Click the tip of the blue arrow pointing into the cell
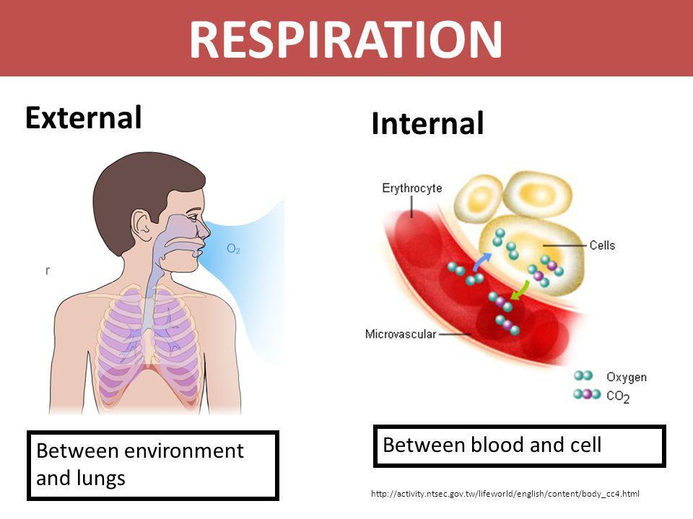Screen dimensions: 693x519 point(491,254)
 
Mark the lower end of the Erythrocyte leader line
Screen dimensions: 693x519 point(412,218)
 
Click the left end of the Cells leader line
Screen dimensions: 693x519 point(543,245)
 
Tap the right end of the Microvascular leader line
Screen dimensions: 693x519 point(471,334)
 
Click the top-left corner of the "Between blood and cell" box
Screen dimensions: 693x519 point(374,425)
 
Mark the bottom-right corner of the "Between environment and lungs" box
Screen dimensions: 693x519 point(279,500)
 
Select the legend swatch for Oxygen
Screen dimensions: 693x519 point(583,376)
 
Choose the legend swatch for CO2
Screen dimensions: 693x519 point(587,394)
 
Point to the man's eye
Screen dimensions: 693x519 point(193,217)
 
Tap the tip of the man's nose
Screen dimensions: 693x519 point(210,232)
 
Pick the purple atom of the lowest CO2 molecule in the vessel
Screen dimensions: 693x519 point(507,325)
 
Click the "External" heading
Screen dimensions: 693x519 point(84,117)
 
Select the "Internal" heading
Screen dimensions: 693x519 point(428,123)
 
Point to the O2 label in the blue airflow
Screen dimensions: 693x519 point(233,249)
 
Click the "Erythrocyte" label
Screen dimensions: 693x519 point(412,188)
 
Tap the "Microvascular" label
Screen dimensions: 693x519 point(401,334)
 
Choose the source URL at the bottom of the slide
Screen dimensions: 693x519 point(505,494)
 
